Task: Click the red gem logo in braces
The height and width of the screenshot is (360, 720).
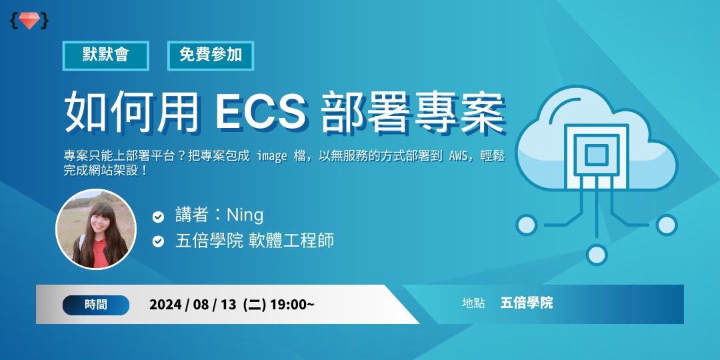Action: click(x=29, y=21)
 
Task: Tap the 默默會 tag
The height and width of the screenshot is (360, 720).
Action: click(x=105, y=55)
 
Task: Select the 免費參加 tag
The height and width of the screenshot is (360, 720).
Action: click(x=211, y=55)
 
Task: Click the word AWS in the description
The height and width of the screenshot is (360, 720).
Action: click(x=460, y=156)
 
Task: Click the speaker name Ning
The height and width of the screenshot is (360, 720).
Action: click(x=245, y=215)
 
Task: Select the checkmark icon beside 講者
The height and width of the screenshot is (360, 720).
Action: click(x=158, y=217)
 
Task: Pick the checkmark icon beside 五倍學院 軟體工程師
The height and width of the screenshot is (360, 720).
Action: click(x=158, y=241)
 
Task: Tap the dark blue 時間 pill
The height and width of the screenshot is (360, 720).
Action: click(x=95, y=305)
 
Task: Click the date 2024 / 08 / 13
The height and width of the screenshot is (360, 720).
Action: click(x=193, y=305)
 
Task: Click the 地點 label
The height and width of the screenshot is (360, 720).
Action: click(x=473, y=303)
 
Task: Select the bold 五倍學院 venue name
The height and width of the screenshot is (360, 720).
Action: click(x=527, y=303)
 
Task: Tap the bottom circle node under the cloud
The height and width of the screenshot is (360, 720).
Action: click(x=597, y=254)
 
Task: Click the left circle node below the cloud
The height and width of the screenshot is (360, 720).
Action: click(x=527, y=225)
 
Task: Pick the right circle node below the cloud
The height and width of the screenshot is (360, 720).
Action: click(x=666, y=225)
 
